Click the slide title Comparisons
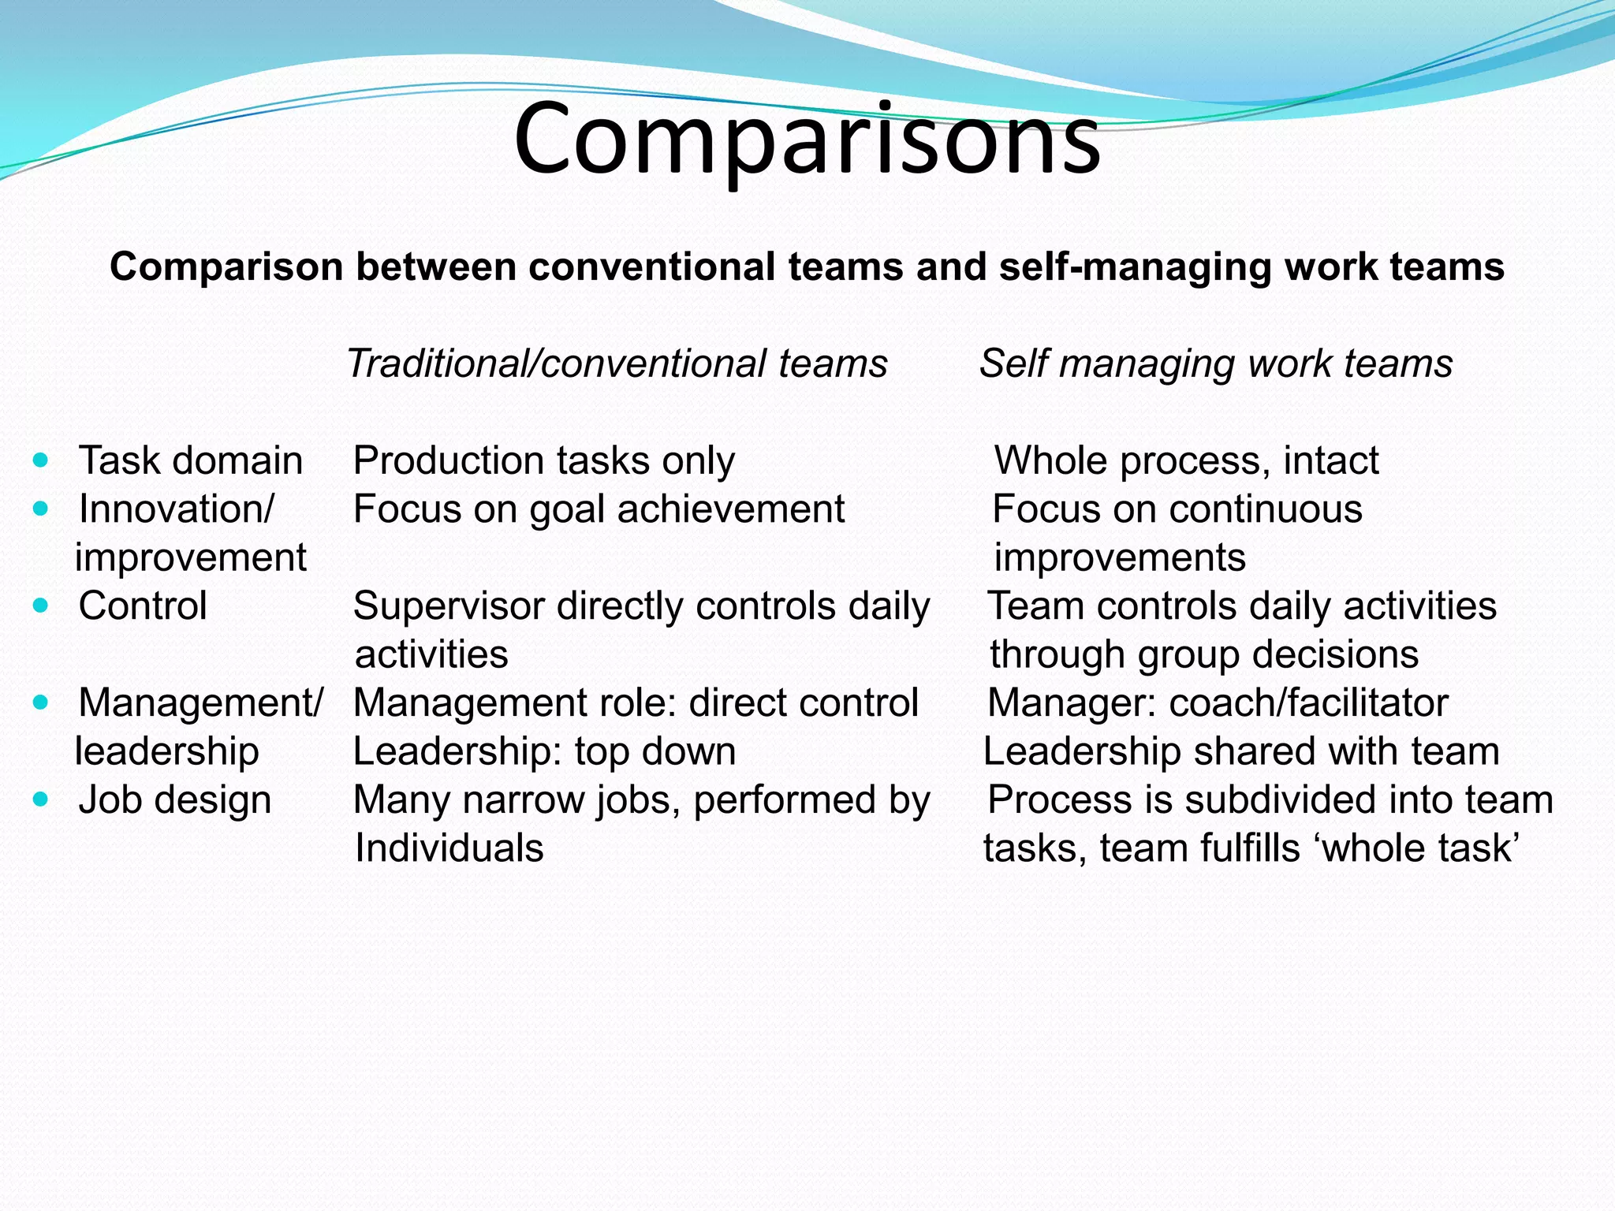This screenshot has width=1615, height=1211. point(807,140)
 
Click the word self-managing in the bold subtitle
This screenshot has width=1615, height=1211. point(1135,266)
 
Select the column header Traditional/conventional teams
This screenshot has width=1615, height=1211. point(617,364)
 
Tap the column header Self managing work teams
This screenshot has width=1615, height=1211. point(1215,364)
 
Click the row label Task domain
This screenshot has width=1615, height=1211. point(191,460)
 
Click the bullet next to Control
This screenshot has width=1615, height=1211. point(41,606)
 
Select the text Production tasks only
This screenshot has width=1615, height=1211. point(544,460)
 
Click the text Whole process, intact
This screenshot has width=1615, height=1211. point(1186,460)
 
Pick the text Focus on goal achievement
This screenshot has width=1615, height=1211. point(599,509)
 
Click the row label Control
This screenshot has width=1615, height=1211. point(143,606)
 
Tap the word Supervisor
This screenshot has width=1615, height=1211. point(449,606)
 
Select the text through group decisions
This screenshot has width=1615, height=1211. point(1204,654)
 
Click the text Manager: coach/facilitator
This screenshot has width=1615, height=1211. point(1218,703)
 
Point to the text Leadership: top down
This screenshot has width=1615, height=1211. point(544,751)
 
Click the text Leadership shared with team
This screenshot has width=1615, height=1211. point(1241,751)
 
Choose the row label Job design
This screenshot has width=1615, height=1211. point(175,800)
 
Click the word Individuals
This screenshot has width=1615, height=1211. point(449,848)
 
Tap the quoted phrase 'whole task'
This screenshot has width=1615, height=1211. point(1419,848)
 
